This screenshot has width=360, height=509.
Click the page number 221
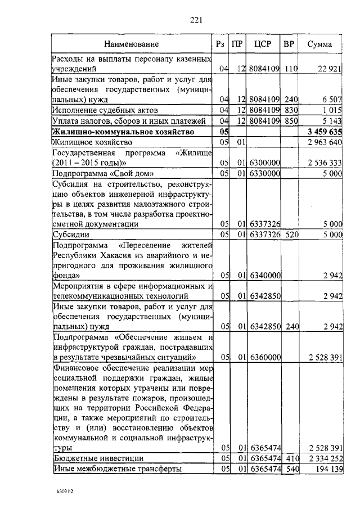click(196, 20)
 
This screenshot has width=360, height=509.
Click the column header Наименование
click(131, 44)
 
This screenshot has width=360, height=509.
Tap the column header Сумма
click(319, 44)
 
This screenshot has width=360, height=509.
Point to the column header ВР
click(289, 44)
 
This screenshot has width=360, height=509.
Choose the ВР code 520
click(290, 235)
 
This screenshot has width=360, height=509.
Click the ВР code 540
click(290, 469)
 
